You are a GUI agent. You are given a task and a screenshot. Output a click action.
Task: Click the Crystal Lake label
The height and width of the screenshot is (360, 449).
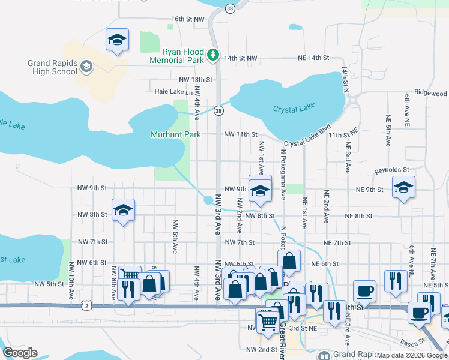tap(294, 109)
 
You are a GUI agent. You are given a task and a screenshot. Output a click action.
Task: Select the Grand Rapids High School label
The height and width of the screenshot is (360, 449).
tap(53, 67)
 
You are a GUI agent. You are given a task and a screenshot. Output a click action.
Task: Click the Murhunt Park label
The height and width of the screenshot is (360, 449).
tap(175, 135)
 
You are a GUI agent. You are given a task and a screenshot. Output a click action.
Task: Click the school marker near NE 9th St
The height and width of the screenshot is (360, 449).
tap(403, 188)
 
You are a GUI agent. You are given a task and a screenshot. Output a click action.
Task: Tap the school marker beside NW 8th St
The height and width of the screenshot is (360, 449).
tap(123, 211)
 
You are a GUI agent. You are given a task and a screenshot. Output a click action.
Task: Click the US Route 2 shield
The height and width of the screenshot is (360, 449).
tap(88, 306)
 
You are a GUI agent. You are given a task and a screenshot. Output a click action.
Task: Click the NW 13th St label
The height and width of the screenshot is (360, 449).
tap(195, 79)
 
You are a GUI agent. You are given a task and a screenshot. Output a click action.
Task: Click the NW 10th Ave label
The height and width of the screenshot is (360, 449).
tap(71, 281)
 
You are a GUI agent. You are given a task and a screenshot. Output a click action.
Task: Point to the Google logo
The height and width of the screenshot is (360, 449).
tap(20, 353)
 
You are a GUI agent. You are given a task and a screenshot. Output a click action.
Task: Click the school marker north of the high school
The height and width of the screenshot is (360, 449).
tap(117, 41)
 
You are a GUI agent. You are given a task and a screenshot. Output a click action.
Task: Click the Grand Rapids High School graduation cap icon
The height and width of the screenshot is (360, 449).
tap(86, 66)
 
